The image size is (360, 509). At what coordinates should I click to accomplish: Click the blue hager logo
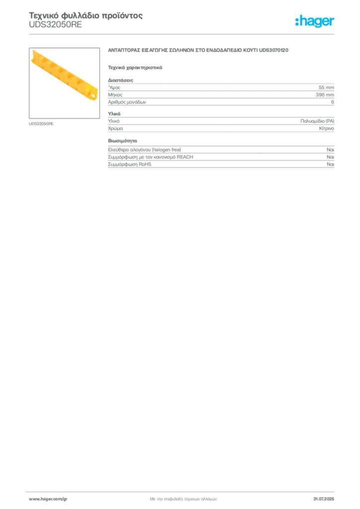pos(315,22)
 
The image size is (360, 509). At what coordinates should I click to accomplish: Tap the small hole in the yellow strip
pos(91,91)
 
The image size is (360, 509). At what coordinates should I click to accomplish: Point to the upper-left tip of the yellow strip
pos(33,51)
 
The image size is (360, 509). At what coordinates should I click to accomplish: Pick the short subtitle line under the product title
pos(135,67)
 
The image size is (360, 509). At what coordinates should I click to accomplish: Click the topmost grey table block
pos(220,92)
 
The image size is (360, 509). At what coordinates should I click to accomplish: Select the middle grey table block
pos(220,125)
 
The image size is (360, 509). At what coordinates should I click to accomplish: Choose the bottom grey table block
pos(220,159)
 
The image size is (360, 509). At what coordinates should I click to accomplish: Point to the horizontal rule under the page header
pos(183,34)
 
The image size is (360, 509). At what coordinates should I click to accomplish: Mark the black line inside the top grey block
pos(239,101)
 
